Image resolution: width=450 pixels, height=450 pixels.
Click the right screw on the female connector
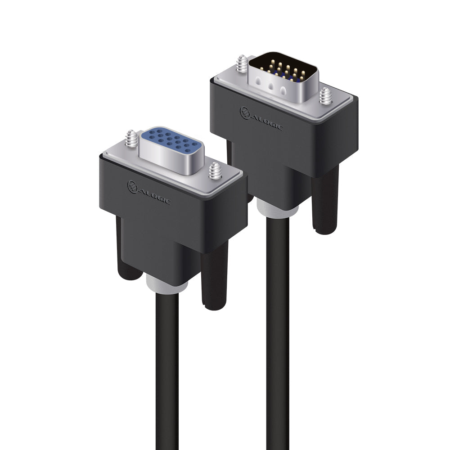point(214,172)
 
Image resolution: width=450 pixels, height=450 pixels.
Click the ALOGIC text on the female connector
point(154,197)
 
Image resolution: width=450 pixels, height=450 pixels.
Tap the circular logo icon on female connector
point(132,186)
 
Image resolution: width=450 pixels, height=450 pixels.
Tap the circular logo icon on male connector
point(245,112)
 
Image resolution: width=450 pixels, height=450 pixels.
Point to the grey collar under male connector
point(278,207)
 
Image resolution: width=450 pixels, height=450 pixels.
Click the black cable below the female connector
point(167,369)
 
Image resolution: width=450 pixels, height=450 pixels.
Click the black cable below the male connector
point(278,315)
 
